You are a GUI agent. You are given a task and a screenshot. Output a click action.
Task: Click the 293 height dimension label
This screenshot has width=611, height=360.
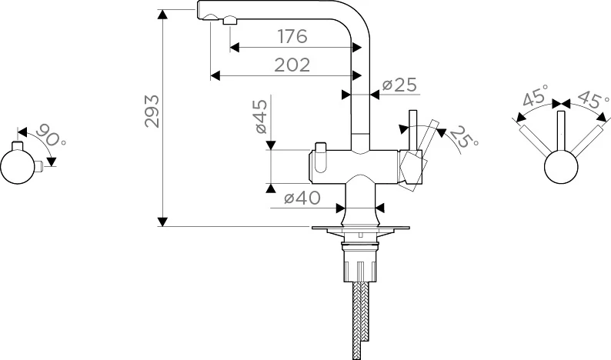click(x=152, y=111)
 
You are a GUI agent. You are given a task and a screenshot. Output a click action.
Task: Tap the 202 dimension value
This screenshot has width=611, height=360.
click(x=292, y=65)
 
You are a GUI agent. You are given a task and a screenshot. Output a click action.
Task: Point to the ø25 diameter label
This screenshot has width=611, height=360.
click(x=399, y=85)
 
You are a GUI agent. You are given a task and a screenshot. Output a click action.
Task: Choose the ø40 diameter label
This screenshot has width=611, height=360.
click(x=302, y=198)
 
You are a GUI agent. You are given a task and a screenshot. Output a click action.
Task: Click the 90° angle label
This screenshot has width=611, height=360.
click(x=52, y=137)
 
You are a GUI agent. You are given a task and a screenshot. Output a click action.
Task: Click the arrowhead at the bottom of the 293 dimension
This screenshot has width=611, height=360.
click(x=162, y=222)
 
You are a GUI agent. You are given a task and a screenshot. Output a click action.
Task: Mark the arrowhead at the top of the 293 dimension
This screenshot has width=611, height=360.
click(x=162, y=13)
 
